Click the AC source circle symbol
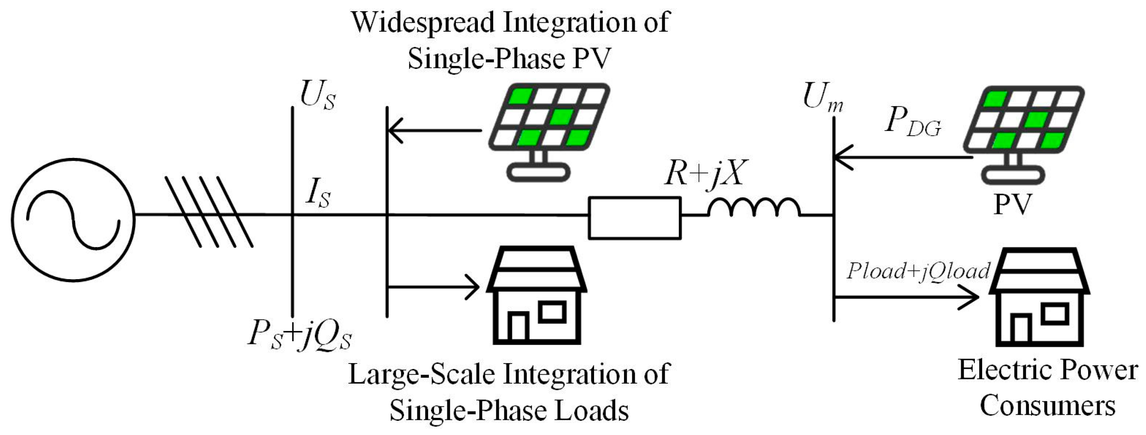tap(73, 220)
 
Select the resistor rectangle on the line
tap(634, 218)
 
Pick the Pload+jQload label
tap(917, 271)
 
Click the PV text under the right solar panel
tap(1012, 205)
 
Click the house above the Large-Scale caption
tap(537, 295)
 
